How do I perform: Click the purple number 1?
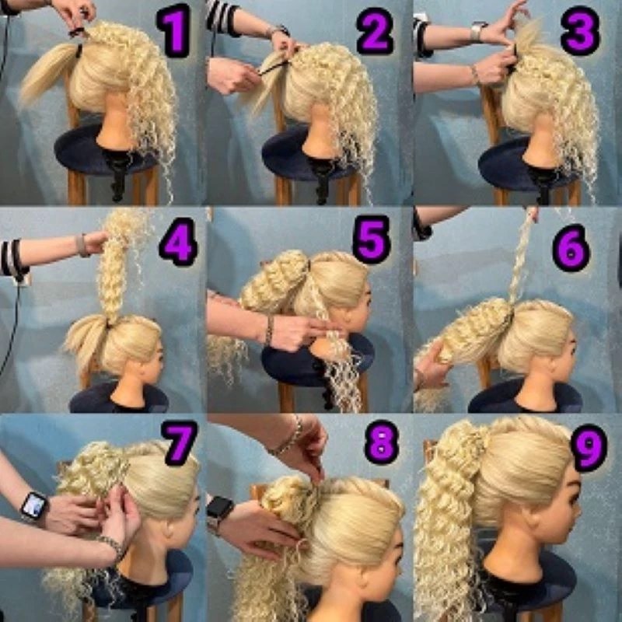click(173, 30)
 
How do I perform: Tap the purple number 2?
click(376, 30)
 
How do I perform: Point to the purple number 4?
click(179, 241)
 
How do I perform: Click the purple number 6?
click(571, 248)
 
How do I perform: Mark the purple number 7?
click(180, 442)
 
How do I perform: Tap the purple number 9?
click(589, 448)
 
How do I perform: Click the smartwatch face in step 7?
click(34, 507)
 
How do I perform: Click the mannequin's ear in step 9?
click(530, 519)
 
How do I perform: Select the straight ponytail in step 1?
click(48, 73)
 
